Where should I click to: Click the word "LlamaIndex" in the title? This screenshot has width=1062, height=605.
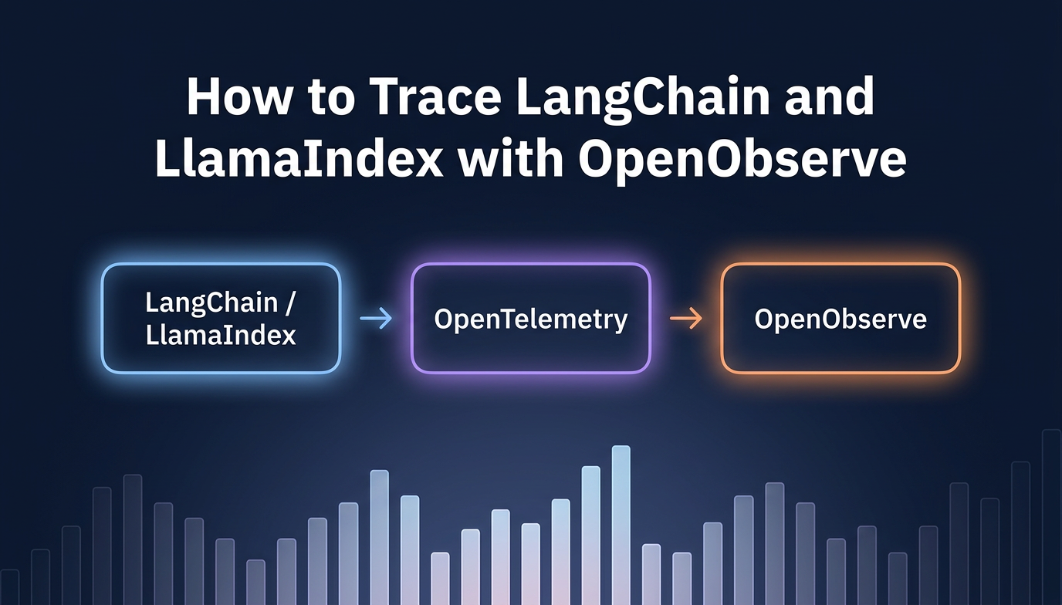click(299, 161)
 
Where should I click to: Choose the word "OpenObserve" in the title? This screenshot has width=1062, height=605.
click(742, 161)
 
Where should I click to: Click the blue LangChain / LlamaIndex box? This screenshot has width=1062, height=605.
click(221, 318)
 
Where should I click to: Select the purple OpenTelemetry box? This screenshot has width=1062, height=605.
click(530, 318)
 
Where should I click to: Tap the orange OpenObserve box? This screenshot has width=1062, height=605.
click(840, 318)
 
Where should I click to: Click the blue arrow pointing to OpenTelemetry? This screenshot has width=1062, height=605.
click(376, 319)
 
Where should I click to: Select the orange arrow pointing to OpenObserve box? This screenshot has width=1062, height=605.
click(685, 319)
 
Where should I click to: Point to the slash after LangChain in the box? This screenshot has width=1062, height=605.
click(289, 302)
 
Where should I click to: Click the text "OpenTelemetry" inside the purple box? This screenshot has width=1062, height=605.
click(530, 319)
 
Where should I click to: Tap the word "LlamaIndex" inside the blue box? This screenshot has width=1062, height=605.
click(221, 335)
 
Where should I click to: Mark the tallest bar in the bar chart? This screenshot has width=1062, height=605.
click(621, 525)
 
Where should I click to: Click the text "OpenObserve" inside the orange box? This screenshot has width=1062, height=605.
click(840, 319)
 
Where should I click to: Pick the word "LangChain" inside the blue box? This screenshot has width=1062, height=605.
click(211, 302)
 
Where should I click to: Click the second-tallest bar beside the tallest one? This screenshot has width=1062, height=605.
click(590, 535)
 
